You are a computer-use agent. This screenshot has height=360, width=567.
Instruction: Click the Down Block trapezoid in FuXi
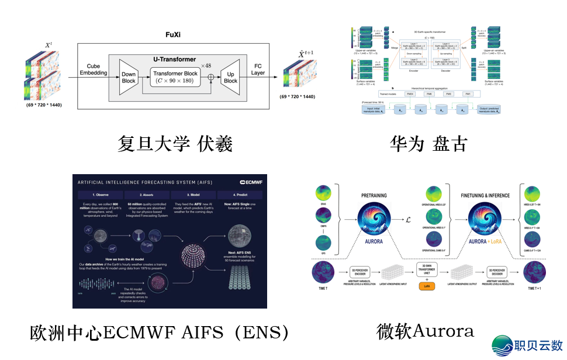tap(129, 78)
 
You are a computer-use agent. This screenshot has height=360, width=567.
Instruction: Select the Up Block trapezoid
tap(230, 78)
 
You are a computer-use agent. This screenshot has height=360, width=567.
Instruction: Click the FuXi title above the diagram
tap(174, 35)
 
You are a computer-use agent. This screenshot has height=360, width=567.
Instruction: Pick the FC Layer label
tap(258, 70)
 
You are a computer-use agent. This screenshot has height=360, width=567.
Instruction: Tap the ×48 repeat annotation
tap(206, 65)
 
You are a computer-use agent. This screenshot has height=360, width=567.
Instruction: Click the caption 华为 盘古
tap(428, 143)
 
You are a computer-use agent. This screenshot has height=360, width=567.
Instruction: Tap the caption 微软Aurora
tap(425, 331)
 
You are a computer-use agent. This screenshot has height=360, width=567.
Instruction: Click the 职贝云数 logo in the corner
tap(527, 345)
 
